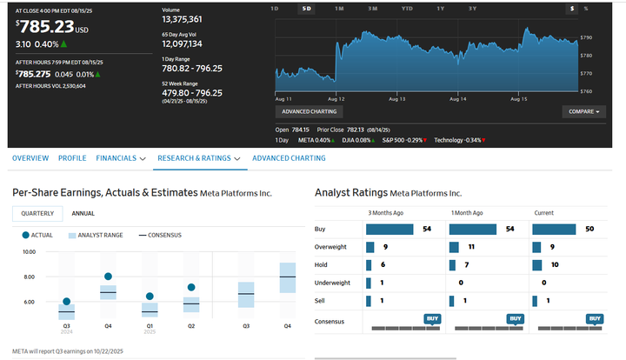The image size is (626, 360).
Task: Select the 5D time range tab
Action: [306, 8]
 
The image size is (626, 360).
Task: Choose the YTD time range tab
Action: [407, 8]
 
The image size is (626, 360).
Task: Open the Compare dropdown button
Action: [583, 111]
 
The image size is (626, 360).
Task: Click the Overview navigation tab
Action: [30, 158]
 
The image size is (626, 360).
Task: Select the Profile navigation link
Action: [72, 158]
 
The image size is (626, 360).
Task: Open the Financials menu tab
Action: [121, 158]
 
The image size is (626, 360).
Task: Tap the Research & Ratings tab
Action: [198, 158]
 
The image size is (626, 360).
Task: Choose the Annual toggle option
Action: [83, 213]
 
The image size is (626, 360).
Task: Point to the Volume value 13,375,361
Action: [183, 19]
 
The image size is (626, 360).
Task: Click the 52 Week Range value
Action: [192, 93]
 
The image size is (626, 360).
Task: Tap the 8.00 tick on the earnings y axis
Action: [29, 277]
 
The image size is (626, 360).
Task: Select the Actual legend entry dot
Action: [26, 235]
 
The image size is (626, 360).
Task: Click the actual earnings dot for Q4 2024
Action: [108, 277]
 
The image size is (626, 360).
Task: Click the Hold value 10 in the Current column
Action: [554, 264]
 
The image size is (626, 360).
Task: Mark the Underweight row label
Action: [332, 282]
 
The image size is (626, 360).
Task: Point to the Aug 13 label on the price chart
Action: [397, 99]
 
